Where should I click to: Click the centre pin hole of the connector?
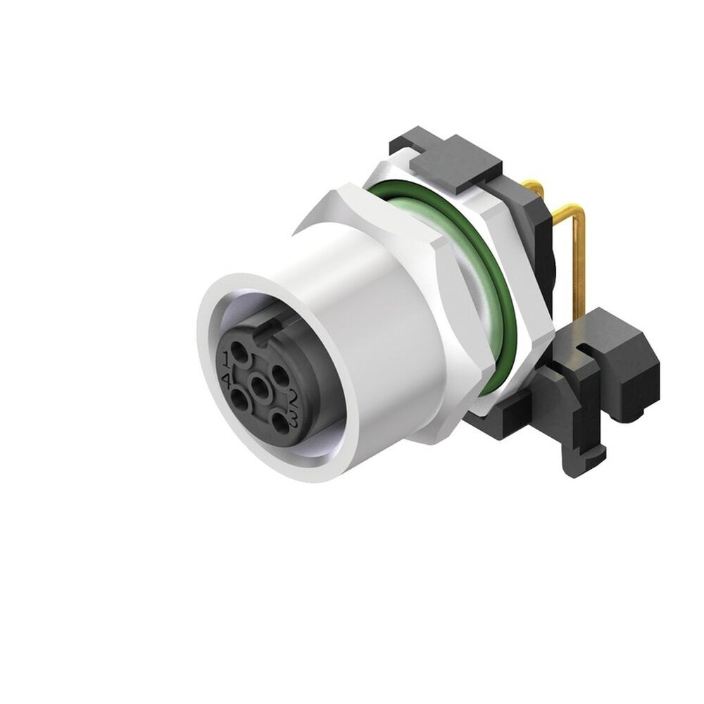click(261, 386)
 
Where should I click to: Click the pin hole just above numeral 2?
click(279, 375)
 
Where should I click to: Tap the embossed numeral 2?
click(294, 401)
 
